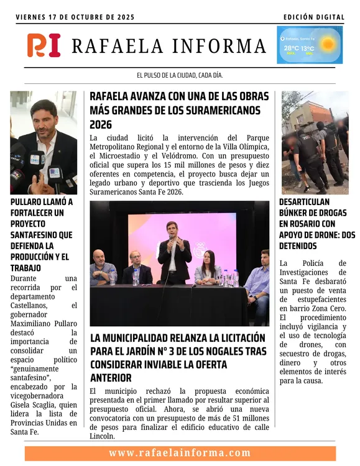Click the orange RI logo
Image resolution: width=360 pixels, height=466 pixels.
[44, 45]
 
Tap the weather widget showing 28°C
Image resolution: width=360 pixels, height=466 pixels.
[310, 45]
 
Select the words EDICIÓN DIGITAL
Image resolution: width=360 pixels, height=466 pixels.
[313, 17]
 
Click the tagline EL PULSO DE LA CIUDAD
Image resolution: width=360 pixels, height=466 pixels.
[180, 75]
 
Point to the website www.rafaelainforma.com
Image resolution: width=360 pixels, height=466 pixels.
[180, 453]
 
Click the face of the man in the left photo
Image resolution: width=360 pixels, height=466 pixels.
[44, 115]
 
